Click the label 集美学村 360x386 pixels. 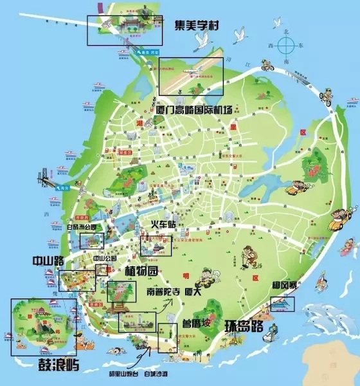tap(202, 26)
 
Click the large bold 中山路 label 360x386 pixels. tap(49, 261)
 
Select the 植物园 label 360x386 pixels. tap(141, 270)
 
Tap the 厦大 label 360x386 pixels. tap(193, 291)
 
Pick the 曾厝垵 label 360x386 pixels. tap(195, 324)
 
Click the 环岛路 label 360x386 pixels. tap(244, 326)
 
